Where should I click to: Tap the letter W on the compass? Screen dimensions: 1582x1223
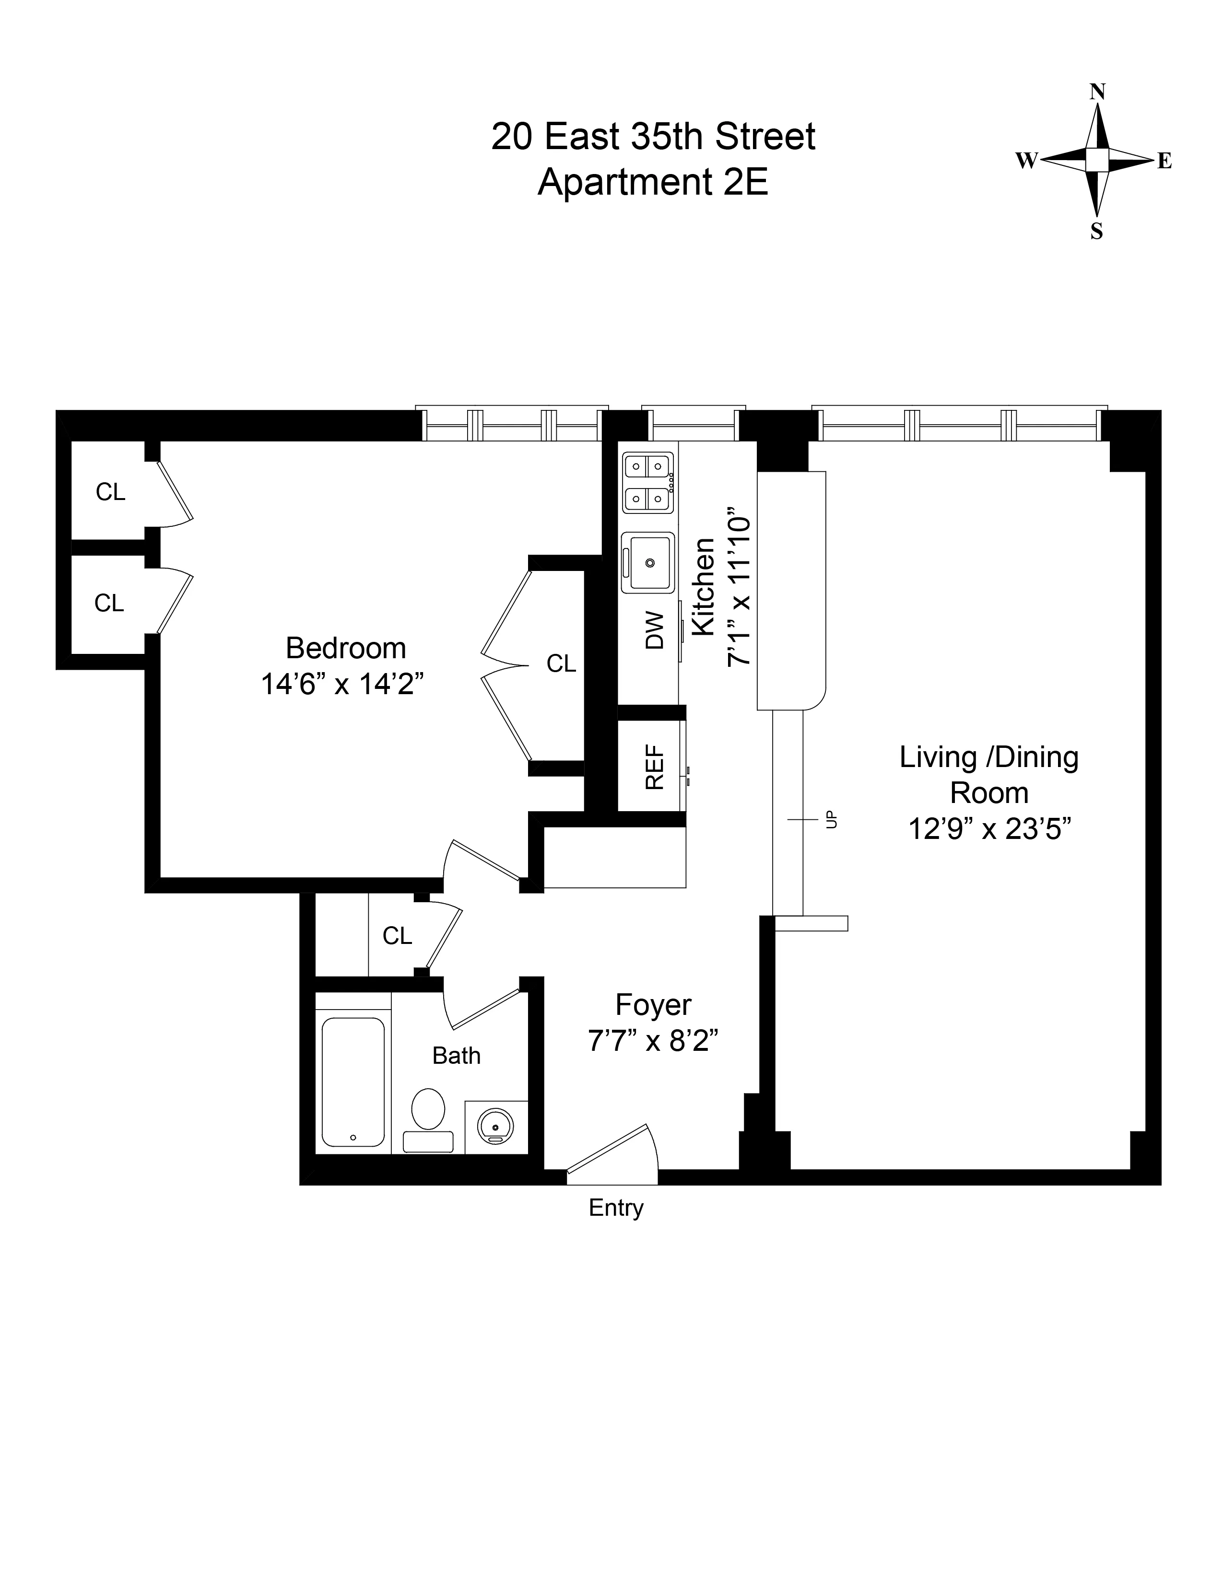tap(1026, 161)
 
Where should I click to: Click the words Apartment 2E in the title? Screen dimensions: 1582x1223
tap(652, 182)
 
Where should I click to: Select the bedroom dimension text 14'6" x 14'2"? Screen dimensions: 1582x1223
tap(342, 684)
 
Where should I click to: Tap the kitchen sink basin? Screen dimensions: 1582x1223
tap(649, 563)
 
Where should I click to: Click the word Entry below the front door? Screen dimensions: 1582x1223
tap(616, 1208)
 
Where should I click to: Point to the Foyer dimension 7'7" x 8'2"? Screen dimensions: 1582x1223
tap(653, 1042)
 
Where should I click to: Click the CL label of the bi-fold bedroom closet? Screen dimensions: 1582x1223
tap(561, 663)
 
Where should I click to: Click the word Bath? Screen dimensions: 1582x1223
tap(457, 1056)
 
